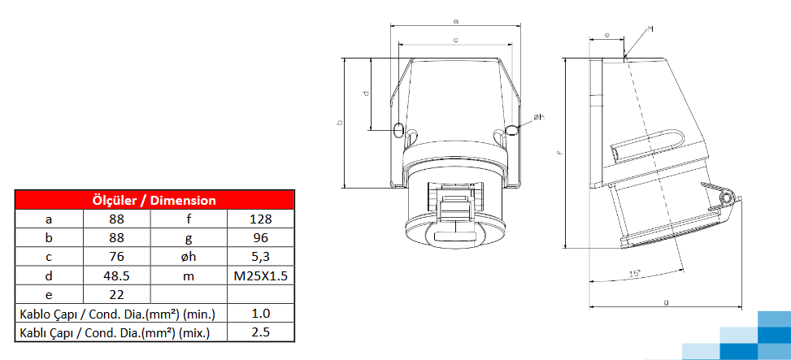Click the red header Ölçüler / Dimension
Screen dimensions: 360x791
coord(154,200)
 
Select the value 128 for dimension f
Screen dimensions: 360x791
coord(260,219)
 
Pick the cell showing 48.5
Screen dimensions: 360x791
coord(116,275)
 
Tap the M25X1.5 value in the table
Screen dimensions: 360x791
coord(260,275)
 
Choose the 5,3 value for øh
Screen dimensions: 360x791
coord(260,257)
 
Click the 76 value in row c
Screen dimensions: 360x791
coord(116,257)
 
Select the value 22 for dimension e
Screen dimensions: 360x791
coord(116,294)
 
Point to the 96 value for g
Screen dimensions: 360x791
coord(260,238)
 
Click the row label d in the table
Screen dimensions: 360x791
coord(49,275)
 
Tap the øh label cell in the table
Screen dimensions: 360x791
coord(188,257)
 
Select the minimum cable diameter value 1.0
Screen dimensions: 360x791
coord(260,314)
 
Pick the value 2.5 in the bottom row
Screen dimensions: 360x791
coord(260,332)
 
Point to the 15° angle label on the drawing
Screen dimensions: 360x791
coord(634,273)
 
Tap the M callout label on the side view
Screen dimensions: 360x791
coord(650,29)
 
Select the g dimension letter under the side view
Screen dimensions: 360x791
coord(666,302)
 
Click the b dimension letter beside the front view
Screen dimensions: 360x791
coord(340,123)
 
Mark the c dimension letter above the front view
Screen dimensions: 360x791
coord(455,39)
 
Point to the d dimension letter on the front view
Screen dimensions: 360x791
coord(365,93)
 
